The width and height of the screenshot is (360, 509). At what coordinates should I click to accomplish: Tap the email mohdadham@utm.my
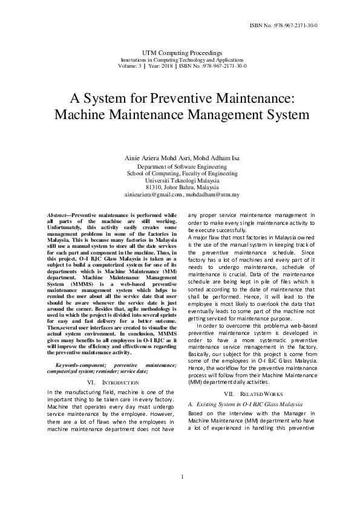click(214, 195)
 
